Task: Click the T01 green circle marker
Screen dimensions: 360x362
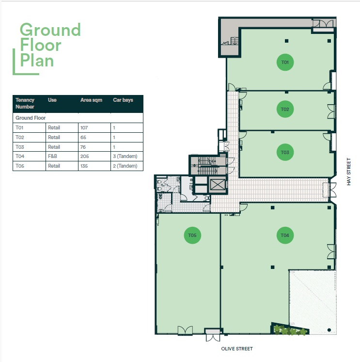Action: [x=285, y=63]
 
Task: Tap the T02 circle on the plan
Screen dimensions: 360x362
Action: [x=285, y=109]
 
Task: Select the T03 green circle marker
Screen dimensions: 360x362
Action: [x=285, y=152]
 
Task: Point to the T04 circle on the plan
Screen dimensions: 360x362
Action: [x=285, y=235]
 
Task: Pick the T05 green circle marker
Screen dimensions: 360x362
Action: [x=192, y=235]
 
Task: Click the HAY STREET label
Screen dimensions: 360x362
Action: [x=349, y=172]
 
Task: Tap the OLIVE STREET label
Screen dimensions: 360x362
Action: [x=237, y=349]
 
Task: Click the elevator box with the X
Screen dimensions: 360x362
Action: [x=218, y=185]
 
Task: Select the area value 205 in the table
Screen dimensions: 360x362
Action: [x=85, y=157]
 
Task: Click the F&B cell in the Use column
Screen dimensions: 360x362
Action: [x=52, y=157]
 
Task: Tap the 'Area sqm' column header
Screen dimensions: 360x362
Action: [x=91, y=100]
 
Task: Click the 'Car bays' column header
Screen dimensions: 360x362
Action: [x=123, y=100]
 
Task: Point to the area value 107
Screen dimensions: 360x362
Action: [x=84, y=127]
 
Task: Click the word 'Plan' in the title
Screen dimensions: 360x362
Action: [x=37, y=60]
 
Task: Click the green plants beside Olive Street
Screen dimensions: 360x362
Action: [x=290, y=330]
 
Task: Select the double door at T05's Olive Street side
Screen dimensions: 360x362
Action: [x=185, y=331]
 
